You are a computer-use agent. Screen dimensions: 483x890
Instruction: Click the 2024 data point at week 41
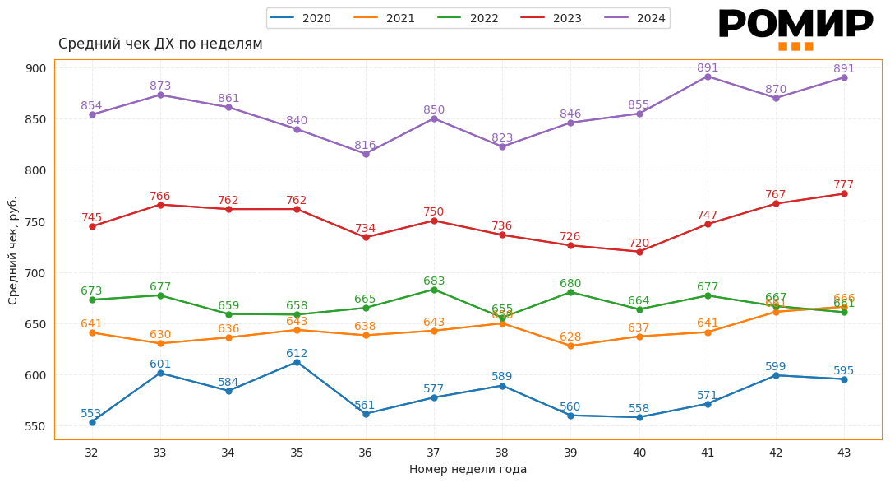(x=708, y=77)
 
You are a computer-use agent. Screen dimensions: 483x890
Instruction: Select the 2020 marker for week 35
(x=297, y=362)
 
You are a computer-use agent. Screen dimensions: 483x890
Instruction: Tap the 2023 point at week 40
(x=639, y=252)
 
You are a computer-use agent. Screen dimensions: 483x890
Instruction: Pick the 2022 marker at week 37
(x=434, y=290)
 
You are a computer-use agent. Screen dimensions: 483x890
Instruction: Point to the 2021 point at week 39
(x=570, y=346)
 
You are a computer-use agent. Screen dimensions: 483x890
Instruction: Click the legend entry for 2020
(x=302, y=18)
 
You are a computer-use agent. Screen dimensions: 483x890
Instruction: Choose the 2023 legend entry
(x=552, y=18)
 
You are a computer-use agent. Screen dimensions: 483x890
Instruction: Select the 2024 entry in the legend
(x=636, y=18)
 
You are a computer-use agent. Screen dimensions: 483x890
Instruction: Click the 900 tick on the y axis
(x=36, y=68)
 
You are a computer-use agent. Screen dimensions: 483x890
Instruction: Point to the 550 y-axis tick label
(x=36, y=426)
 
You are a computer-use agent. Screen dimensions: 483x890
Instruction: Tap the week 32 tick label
(x=91, y=453)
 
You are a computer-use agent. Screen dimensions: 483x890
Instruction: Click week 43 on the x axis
(x=844, y=453)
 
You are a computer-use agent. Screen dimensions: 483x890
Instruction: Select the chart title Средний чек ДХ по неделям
(x=160, y=44)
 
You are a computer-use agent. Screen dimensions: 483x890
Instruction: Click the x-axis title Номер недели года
(x=468, y=469)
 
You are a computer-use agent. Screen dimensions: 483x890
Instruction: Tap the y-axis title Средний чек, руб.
(x=13, y=250)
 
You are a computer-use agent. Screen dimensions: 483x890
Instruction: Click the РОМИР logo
(x=795, y=27)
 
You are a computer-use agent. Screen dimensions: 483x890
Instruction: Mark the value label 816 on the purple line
(x=365, y=146)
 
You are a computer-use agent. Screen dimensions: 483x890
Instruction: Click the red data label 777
(x=844, y=185)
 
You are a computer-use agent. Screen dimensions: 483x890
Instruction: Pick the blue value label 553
(x=91, y=414)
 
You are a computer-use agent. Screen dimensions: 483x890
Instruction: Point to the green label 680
(x=570, y=284)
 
